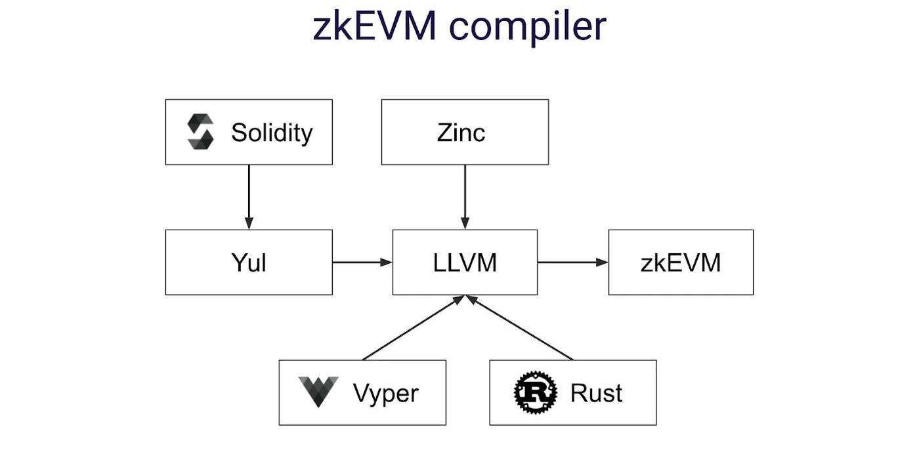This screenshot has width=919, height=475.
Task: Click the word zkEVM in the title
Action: pos(374,27)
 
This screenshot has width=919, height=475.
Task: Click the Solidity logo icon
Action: pos(200,132)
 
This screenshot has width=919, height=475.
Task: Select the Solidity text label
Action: pos(272,133)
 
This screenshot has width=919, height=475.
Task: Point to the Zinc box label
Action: pos(461,133)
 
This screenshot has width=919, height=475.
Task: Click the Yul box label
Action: pos(249,263)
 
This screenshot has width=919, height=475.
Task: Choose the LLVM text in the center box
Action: pos(465,263)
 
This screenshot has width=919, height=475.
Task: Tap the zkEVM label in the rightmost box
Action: pos(681,263)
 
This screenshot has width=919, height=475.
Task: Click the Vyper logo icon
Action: pos(318,392)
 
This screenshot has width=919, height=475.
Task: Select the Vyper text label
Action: pos(385,394)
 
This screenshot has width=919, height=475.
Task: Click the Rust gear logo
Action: pos(535,392)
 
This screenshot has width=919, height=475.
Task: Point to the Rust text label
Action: pos(596,393)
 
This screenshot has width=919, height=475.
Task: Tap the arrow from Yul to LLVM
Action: pos(362,262)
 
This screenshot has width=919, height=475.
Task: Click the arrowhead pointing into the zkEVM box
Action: pos(603,262)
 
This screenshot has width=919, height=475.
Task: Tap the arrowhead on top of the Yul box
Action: pos(249,224)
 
